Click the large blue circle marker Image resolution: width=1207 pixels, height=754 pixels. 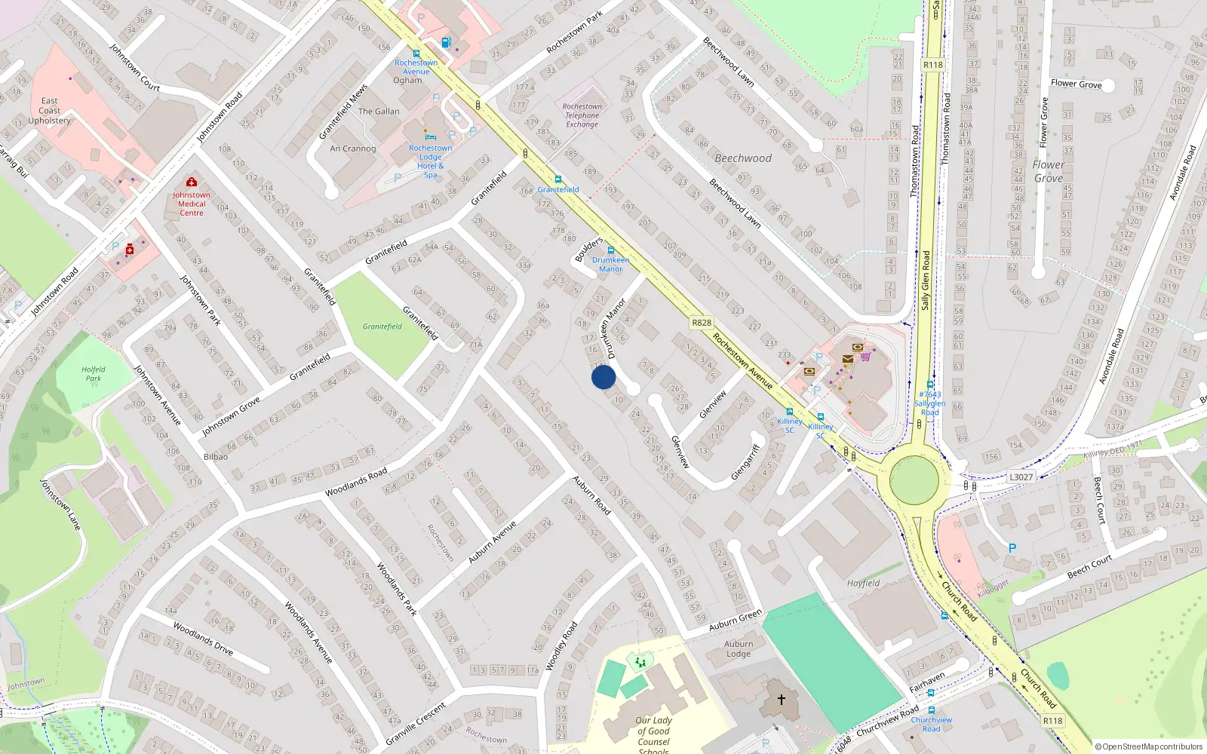point(603,377)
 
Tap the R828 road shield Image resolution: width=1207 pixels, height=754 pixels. point(702,323)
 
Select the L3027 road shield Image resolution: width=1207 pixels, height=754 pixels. point(1021,477)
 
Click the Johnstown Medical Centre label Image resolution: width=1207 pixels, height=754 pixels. point(192,204)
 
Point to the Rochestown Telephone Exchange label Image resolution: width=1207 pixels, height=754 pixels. point(582,115)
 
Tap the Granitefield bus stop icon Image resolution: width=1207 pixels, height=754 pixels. point(558,179)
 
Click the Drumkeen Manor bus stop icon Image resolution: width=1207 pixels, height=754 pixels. point(611,250)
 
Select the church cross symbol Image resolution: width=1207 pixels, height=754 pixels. point(782,700)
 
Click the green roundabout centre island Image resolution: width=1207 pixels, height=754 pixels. point(914,480)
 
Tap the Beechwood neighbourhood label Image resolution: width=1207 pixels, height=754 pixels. point(743,158)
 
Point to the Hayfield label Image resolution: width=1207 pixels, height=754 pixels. point(863,583)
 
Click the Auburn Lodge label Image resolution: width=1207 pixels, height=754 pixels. point(739,648)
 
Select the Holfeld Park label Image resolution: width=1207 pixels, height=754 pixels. point(94,374)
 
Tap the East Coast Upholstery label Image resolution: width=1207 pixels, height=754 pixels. point(50,111)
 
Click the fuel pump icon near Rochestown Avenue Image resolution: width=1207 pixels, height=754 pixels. point(446,43)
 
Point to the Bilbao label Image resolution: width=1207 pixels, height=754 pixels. point(216,457)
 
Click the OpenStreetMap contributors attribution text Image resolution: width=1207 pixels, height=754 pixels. point(1148,747)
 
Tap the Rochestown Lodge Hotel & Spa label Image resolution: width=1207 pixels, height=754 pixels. point(431,161)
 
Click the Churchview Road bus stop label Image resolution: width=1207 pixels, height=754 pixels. point(932,724)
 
